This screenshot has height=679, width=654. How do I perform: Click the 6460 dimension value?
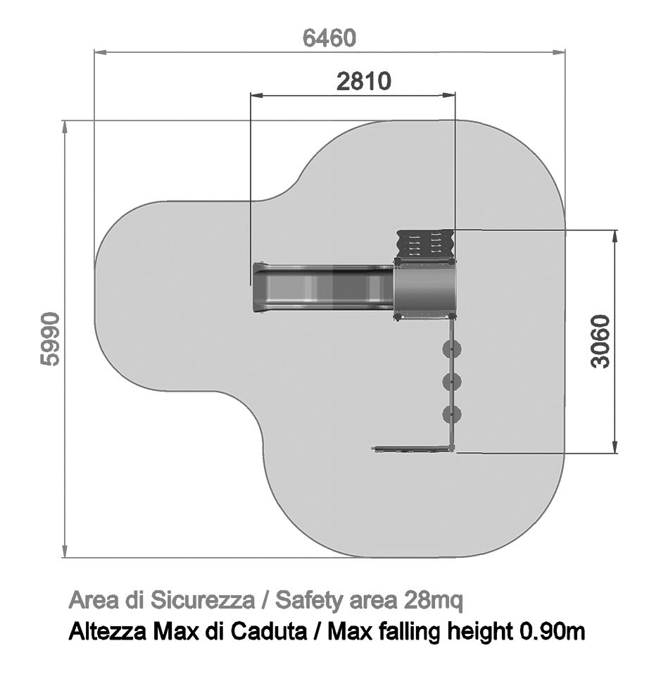(329, 38)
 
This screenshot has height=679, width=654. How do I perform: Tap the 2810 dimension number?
(363, 81)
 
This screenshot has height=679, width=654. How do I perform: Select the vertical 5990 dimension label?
(50, 339)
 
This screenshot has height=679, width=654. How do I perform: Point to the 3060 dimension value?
(600, 342)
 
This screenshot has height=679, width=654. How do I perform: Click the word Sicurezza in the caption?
(203, 600)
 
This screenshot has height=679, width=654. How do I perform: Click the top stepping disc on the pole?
(452, 349)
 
